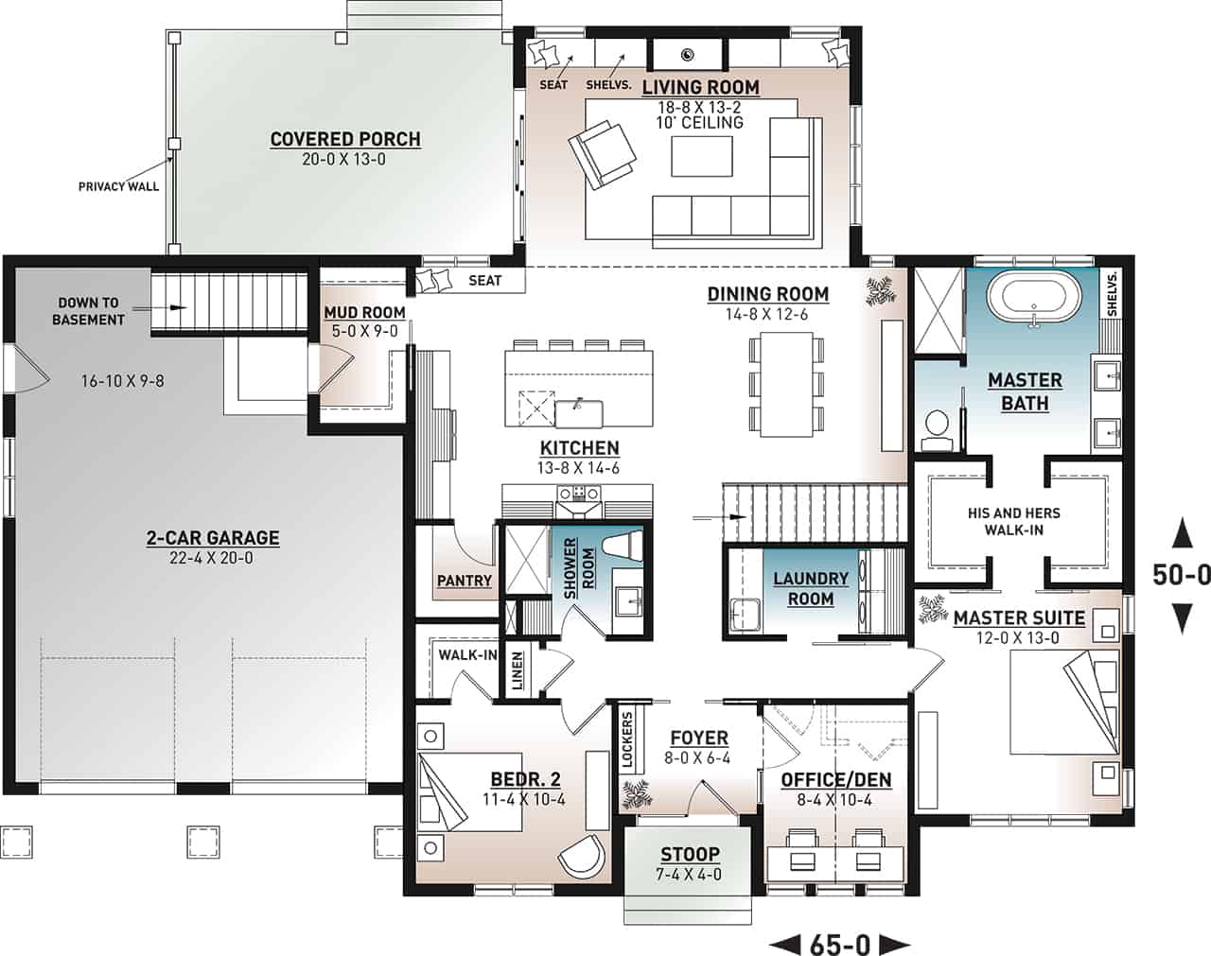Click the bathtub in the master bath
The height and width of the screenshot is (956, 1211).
pos(1034,299)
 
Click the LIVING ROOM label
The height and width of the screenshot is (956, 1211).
pos(700,87)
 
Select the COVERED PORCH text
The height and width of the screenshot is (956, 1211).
pos(345,139)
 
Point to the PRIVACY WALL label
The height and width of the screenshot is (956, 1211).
pos(118,186)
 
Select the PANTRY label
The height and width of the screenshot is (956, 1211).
pos(464,581)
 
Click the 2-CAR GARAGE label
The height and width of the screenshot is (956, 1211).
pos(212,538)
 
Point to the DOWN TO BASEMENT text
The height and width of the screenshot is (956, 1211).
pos(88,311)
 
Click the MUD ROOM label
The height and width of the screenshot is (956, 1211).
pos(364,312)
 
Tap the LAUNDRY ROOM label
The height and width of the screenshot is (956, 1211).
pos(811,588)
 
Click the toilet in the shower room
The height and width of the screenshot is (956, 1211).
pos(623,550)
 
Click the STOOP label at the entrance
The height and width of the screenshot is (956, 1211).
pos(690,854)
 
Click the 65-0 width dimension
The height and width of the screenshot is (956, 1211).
pos(839,943)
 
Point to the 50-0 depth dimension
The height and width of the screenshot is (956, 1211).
pos(1181,574)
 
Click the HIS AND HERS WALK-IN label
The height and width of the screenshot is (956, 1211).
pos(1013,521)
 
